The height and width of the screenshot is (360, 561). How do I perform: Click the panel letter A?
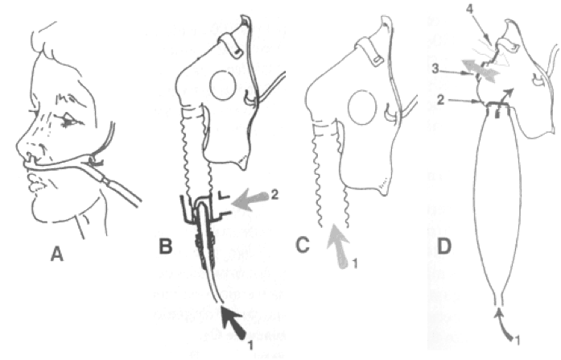(57, 254)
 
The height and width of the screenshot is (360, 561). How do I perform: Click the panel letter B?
(165, 246)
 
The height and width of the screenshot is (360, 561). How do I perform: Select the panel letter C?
(303, 246)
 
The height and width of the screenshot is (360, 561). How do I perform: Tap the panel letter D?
(444, 246)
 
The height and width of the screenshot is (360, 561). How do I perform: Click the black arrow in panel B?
(233, 323)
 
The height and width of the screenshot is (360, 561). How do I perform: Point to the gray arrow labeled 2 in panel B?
(250, 201)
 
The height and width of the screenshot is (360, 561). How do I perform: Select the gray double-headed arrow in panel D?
(481, 71)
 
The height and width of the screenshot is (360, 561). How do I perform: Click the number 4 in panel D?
(470, 9)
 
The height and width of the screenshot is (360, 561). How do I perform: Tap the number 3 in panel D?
(435, 68)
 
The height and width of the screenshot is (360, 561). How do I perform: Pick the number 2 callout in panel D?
(440, 100)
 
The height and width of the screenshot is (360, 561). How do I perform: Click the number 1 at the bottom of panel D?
(518, 339)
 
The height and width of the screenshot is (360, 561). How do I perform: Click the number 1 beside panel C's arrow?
(355, 264)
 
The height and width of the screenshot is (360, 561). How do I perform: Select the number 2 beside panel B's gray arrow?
(274, 195)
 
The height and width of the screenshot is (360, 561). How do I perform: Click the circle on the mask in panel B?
(222, 86)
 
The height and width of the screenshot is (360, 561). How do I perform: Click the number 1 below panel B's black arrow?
(251, 346)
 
